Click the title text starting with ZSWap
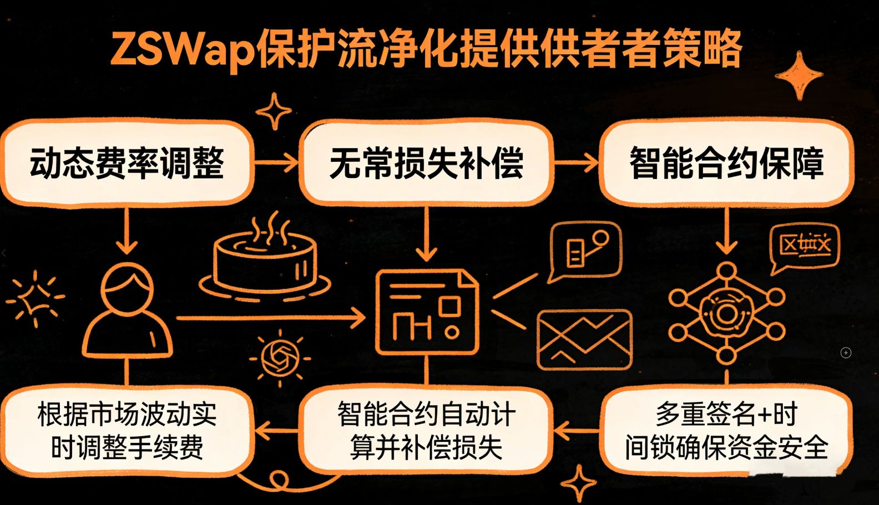click(x=426, y=49)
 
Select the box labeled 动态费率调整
click(x=127, y=163)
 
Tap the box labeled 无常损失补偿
click(x=426, y=163)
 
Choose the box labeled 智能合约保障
click(x=726, y=163)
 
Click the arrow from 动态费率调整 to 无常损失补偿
click(x=276, y=162)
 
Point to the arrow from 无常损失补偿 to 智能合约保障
click(x=576, y=163)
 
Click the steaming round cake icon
click(x=265, y=265)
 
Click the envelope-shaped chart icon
click(x=584, y=339)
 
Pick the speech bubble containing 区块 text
click(x=805, y=247)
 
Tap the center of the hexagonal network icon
click(x=726, y=314)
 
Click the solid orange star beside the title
click(x=799, y=75)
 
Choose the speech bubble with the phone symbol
click(x=585, y=251)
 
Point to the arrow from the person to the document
click(x=272, y=318)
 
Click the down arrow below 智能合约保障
click(x=726, y=233)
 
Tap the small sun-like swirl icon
click(x=280, y=358)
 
